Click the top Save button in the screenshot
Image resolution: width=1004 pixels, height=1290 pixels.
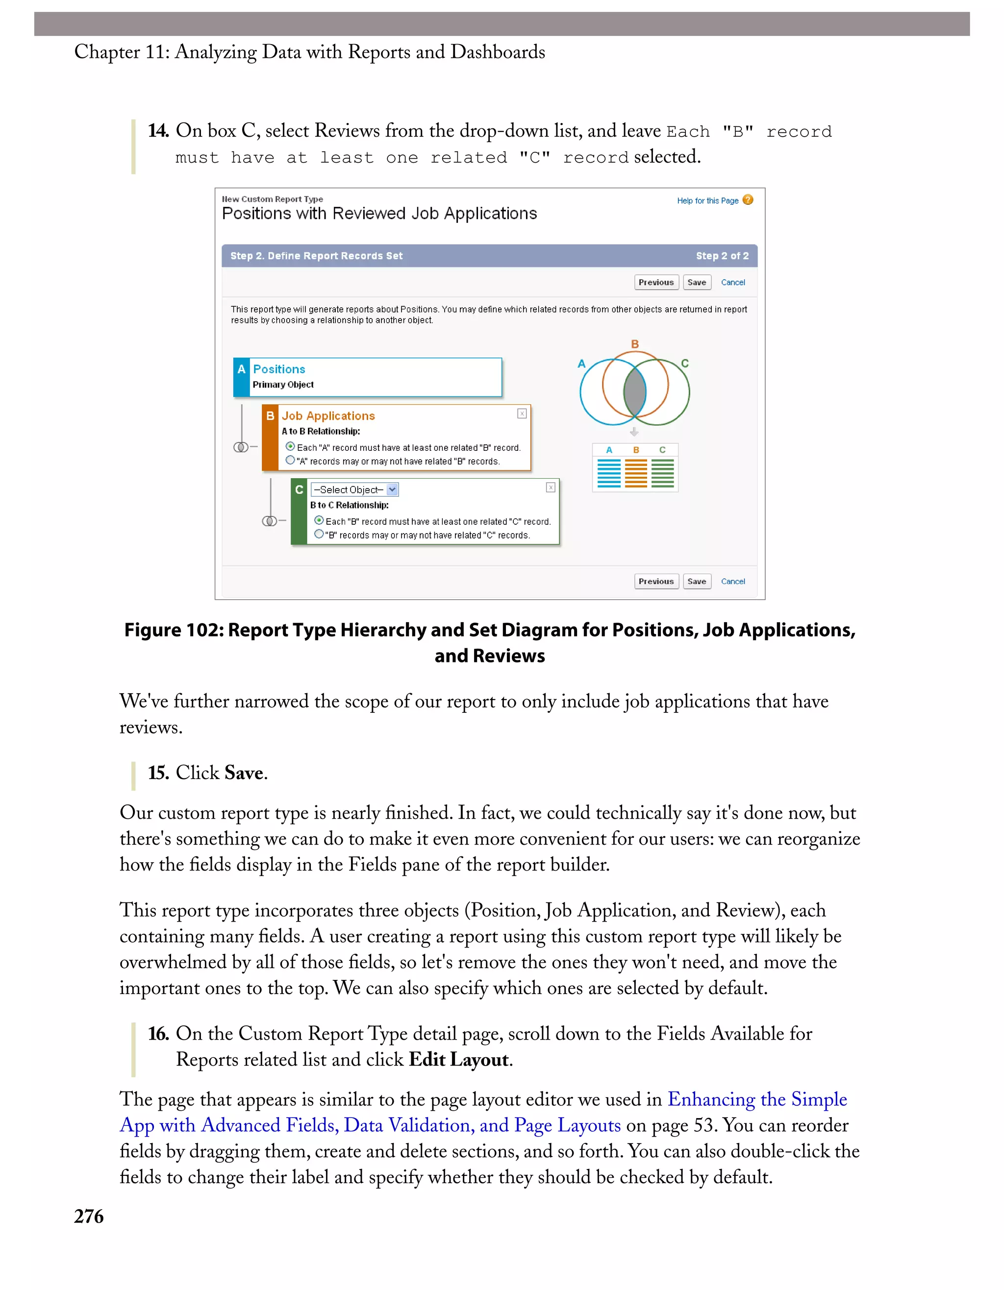pyautogui.click(x=697, y=282)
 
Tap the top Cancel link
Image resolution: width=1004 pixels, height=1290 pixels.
pyautogui.click(x=733, y=282)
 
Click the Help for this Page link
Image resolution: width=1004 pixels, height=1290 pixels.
pyautogui.click(x=707, y=201)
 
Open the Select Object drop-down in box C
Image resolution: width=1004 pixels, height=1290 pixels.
pyautogui.click(x=392, y=489)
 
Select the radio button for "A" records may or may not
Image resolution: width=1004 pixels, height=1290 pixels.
pyautogui.click(x=290, y=460)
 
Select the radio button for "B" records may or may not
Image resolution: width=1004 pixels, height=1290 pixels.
pyautogui.click(x=319, y=534)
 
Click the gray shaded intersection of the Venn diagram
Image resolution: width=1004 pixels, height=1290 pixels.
pyautogui.click(x=635, y=391)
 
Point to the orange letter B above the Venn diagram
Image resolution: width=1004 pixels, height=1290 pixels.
pyautogui.click(x=635, y=344)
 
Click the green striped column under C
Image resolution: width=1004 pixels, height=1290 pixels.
pyautogui.click(x=662, y=473)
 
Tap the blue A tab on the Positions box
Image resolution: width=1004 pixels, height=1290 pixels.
pyautogui.click(x=241, y=377)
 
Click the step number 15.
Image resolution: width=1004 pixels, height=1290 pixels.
pyautogui.click(x=158, y=773)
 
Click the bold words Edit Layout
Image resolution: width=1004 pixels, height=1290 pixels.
pyautogui.click(x=458, y=1060)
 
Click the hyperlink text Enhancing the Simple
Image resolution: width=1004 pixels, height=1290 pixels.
pyautogui.click(x=757, y=1099)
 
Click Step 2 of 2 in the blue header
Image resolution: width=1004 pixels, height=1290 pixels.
pyautogui.click(x=722, y=256)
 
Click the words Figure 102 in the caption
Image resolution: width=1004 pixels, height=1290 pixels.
pyautogui.click(x=174, y=630)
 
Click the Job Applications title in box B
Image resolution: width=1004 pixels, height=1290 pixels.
pyautogui.click(x=328, y=416)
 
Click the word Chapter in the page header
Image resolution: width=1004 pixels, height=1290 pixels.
pyautogui.click(x=106, y=52)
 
